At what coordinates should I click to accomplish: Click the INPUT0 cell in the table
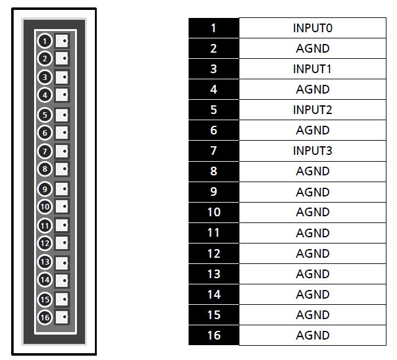[313, 28]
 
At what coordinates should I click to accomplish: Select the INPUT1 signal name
[312, 69]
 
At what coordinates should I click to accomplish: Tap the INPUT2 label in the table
[313, 110]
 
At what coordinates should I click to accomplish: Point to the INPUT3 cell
[313, 151]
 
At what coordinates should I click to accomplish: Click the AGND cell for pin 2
[313, 48]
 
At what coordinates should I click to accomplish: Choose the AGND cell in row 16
[313, 335]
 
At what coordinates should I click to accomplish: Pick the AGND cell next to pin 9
[313, 192]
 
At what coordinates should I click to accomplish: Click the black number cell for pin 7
[213, 151]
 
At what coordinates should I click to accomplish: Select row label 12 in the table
[213, 253]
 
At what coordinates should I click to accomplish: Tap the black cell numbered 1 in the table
[213, 28]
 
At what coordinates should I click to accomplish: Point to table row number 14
[213, 294]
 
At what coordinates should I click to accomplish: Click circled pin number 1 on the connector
[45, 41]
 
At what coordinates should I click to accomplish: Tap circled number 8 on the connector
[45, 169]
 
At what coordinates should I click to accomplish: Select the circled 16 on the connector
[45, 317]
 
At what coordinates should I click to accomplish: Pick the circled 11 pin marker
[45, 226]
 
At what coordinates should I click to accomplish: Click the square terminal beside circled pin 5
[62, 115]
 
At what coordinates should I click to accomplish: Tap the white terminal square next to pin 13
[62, 263]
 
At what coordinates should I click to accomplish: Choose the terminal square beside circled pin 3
[62, 77]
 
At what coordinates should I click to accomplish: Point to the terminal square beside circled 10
[62, 206]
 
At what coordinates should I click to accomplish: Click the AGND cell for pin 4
[313, 89]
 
